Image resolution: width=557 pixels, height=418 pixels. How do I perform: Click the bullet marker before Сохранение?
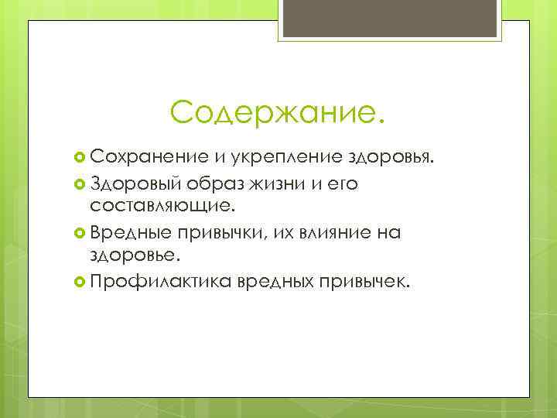tap(80, 159)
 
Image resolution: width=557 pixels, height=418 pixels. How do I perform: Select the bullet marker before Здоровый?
tap(80, 184)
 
